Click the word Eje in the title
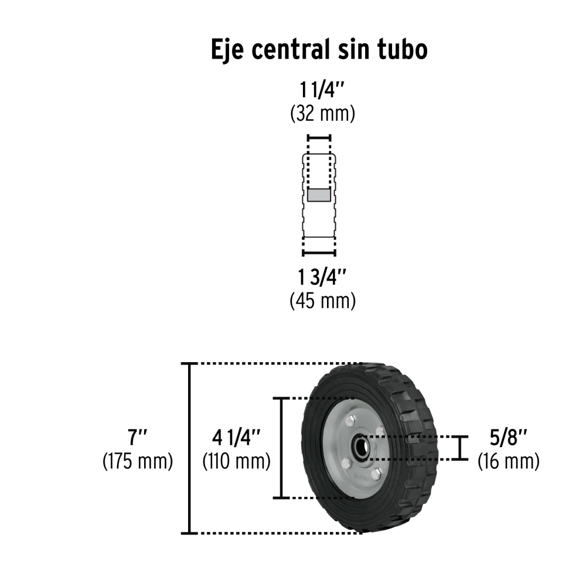pos(229,50)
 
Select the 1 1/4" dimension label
pos(322,90)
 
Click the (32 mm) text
pos(322,114)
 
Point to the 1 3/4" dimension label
pos(322,277)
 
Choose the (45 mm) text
pos(322,301)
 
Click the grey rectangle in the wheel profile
pos(319,195)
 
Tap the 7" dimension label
pos(138,437)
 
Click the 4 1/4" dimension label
pos(236,437)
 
